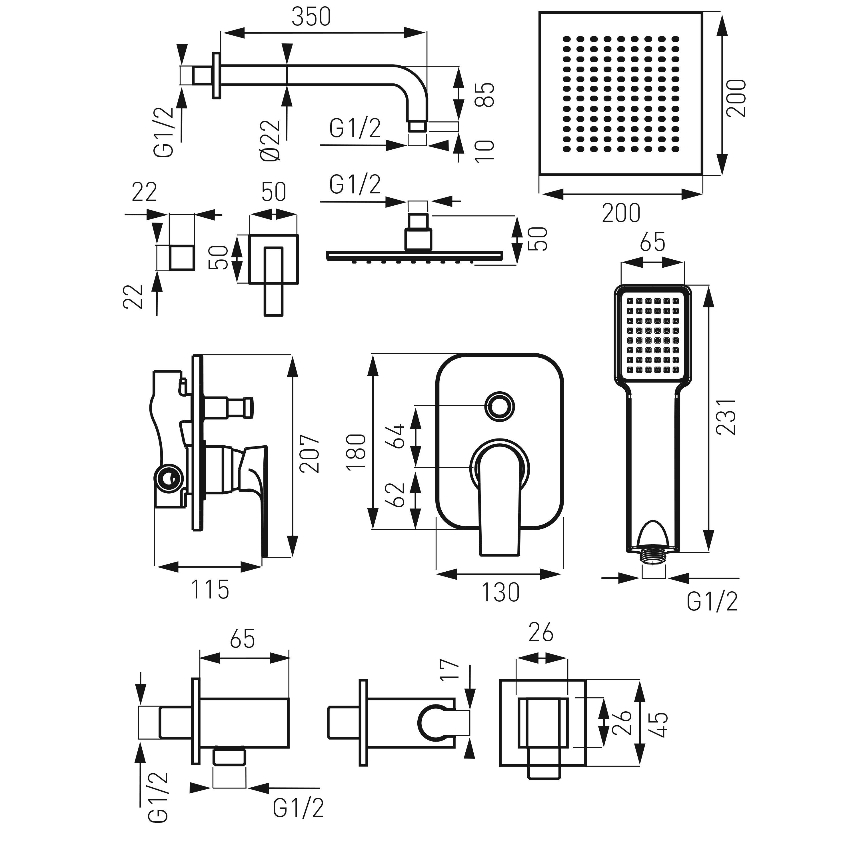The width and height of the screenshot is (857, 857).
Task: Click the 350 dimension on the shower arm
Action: pos(311,18)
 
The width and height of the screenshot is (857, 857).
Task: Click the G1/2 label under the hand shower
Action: pos(712,602)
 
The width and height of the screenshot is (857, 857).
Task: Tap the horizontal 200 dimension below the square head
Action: pos(621,213)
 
